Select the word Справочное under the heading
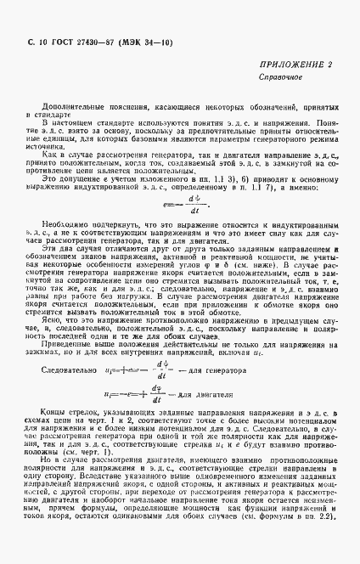(x=286, y=77)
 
